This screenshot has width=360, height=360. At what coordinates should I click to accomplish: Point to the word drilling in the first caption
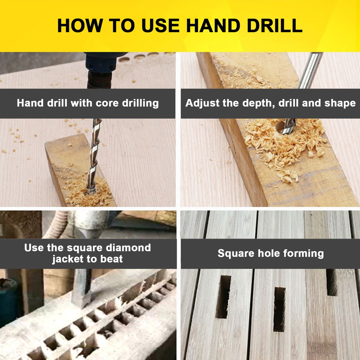pos(140,103)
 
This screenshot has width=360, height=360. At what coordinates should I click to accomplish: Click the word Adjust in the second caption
pos(202,103)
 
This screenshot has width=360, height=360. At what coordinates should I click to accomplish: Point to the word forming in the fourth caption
pos(303,253)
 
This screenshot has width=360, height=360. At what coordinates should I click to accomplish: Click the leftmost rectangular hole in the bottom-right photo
pos(223,296)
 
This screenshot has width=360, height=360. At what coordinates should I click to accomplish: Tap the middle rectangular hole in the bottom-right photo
pos(279,309)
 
